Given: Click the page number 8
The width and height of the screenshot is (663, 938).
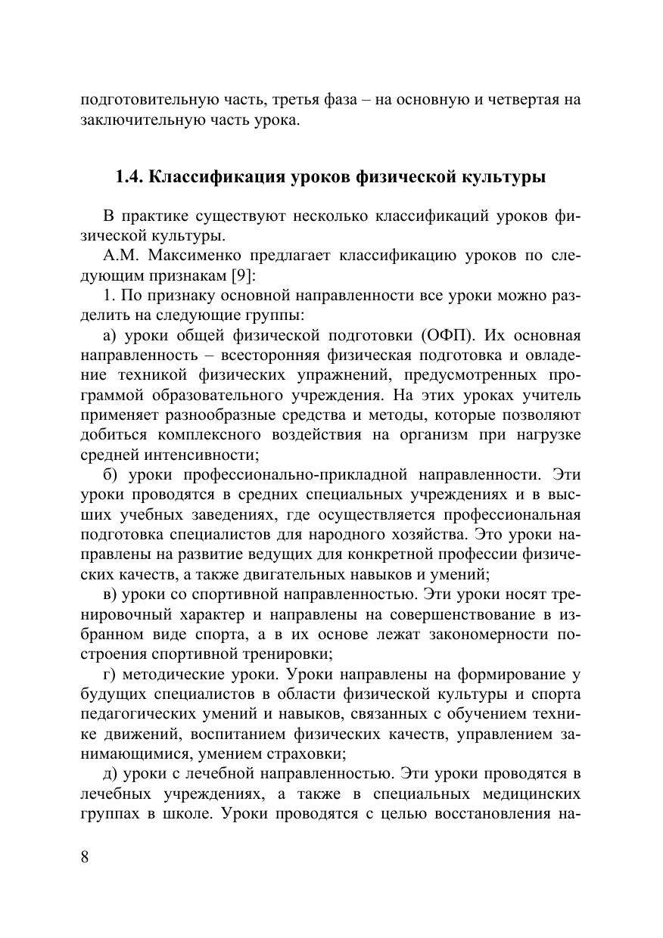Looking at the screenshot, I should point(85,857).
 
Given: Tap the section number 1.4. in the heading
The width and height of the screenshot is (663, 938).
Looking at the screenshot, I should point(129,178).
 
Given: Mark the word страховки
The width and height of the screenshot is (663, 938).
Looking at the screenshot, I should point(309,754).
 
